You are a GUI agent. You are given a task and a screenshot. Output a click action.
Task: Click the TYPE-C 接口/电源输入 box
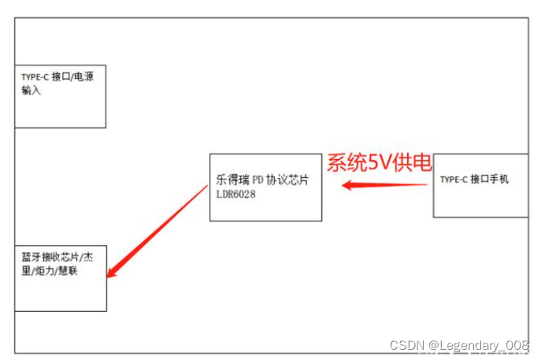pos(60,96)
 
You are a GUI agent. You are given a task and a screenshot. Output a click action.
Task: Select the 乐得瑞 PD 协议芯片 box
pos(265,187)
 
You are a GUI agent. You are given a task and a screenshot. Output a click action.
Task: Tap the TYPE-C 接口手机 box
pos(480,185)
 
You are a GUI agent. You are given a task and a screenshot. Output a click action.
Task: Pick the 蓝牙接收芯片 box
pos(60,278)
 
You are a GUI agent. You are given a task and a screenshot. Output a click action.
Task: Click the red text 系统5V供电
pos(380,163)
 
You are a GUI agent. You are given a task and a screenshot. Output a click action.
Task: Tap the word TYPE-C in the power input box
pos(35,78)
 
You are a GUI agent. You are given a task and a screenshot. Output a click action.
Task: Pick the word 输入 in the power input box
pos(31,91)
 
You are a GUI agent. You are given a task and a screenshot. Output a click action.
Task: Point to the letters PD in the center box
pos(258,180)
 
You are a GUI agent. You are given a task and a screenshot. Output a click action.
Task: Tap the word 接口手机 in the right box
pos(490,180)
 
